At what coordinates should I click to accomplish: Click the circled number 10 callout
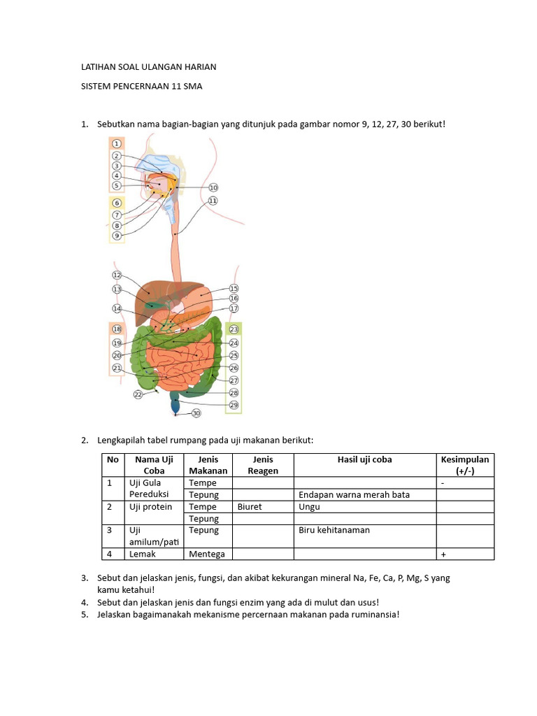tap(213, 187)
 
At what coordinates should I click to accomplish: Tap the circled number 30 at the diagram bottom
tap(196, 413)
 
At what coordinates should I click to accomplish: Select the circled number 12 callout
tap(117, 275)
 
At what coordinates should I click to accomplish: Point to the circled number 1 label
tap(117, 144)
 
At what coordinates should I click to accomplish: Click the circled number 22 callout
tap(138, 394)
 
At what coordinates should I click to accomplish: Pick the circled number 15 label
tap(234, 288)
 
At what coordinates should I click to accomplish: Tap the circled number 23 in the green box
tap(234, 329)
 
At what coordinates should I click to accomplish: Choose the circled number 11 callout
tap(213, 201)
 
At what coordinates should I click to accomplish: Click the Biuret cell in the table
tap(250, 506)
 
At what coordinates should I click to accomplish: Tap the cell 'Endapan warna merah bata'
tap(354, 494)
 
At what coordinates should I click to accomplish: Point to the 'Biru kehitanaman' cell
tap(334, 530)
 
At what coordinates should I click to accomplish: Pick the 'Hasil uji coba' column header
tap(364, 459)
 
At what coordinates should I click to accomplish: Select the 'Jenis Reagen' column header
tap(263, 465)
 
